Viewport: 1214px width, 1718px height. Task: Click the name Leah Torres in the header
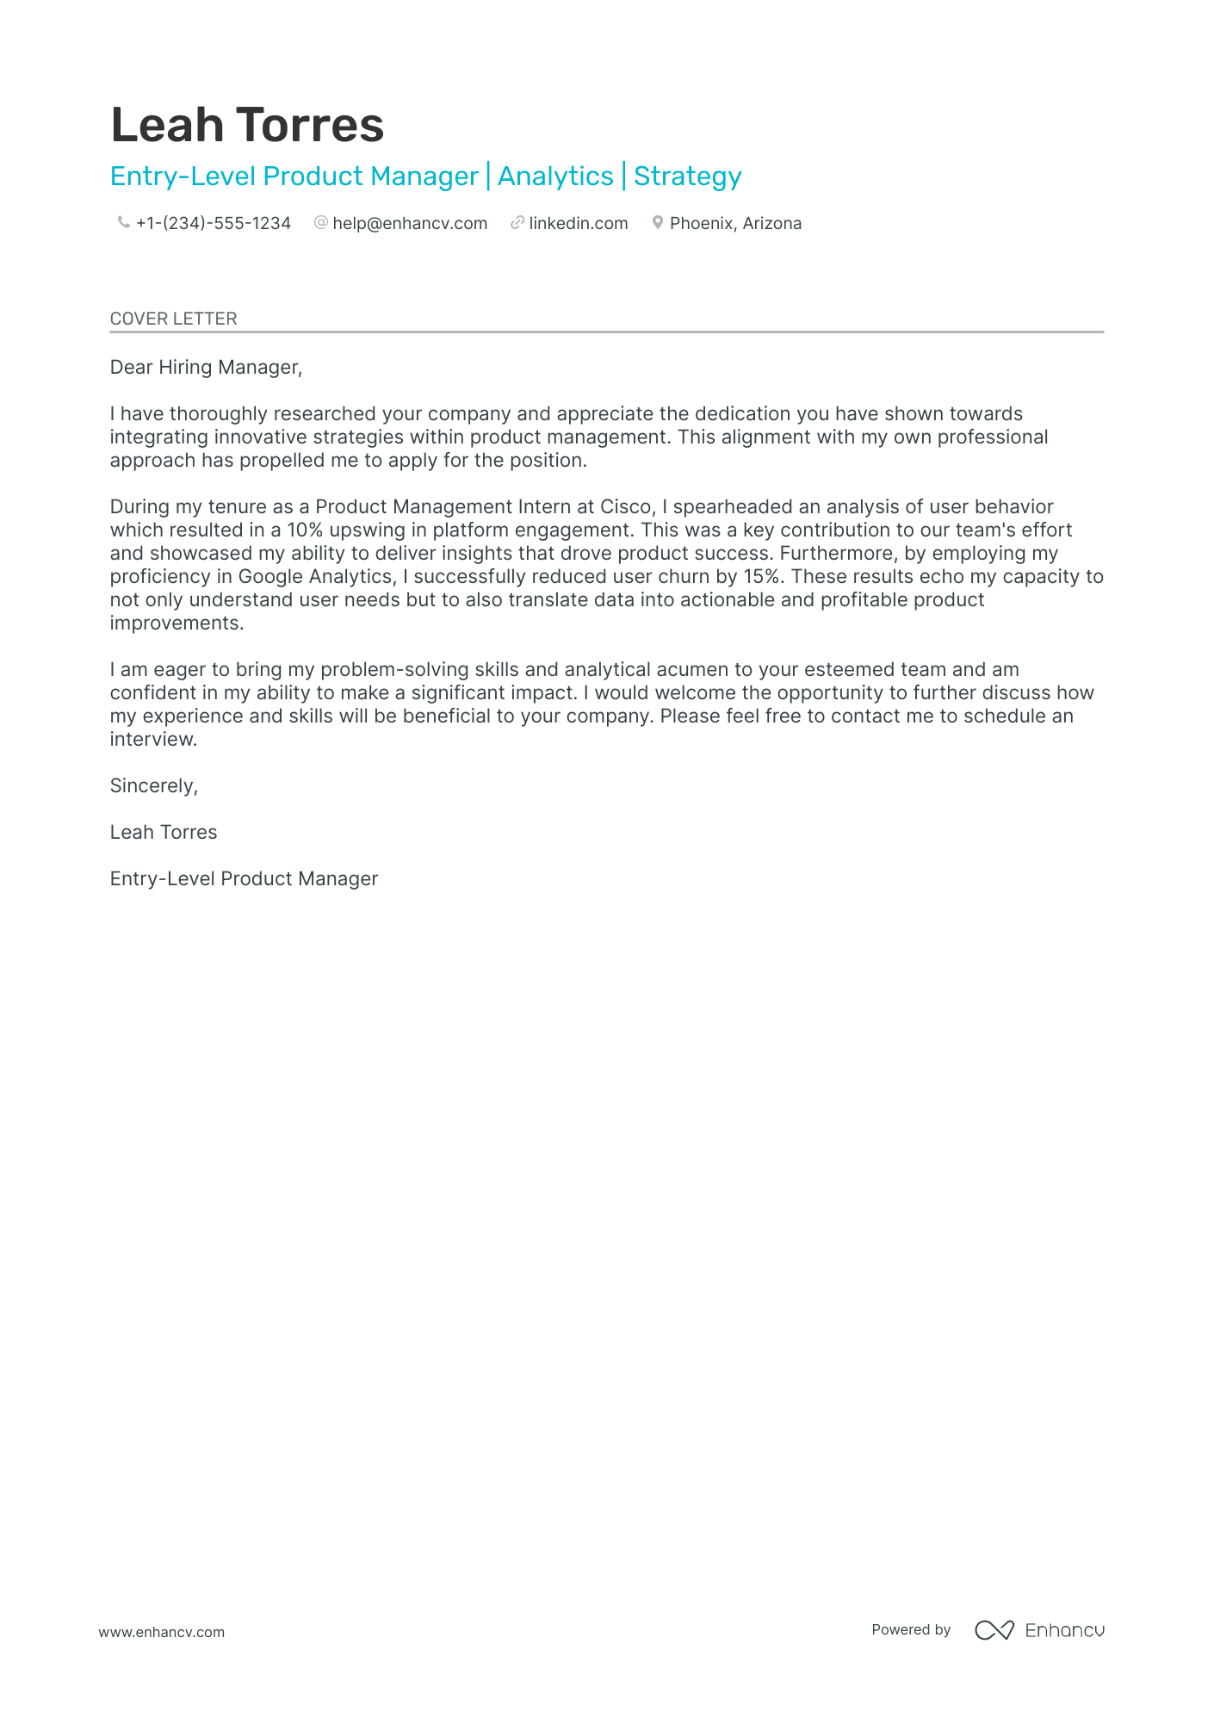[x=247, y=126]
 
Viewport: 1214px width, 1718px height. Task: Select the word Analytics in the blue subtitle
[x=555, y=177]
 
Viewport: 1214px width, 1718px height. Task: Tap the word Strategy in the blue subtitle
[x=687, y=177]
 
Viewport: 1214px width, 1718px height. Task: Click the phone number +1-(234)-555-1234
[x=214, y=224]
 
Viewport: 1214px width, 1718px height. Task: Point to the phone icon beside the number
[x=123, y=223]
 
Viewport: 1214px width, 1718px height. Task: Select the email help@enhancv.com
[x=410, y=224]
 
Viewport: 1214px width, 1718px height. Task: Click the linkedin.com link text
[x=578, y=224]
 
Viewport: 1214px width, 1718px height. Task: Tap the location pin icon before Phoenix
[x=657, y=223]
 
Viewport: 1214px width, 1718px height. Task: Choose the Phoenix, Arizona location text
[x=735, y=224]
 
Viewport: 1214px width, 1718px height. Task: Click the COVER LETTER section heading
[x=173, y=319]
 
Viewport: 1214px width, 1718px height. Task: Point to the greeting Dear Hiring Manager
[x=206, y=368]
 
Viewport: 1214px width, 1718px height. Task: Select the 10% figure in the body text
[x=304, y=530]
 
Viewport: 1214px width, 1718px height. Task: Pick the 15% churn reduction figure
[x=761, y=577]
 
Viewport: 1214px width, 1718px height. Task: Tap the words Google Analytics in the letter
[x=316, y=577]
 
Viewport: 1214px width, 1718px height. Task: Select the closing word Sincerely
[x=153, y=786]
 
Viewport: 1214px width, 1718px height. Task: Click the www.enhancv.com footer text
[x=161, y=1632]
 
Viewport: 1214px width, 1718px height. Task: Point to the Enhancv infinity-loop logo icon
[x=994, y=1630]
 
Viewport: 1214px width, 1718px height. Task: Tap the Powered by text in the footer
[x=910, y=1630]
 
